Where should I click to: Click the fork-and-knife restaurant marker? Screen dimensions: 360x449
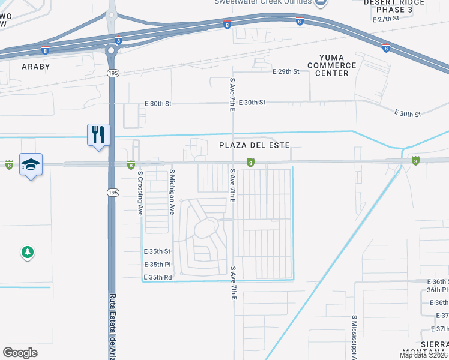click(98, 134)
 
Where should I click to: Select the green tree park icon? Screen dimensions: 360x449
click(27, 253)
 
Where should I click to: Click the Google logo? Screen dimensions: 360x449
click(20, 353)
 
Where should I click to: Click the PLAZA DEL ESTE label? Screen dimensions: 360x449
click(254, 146)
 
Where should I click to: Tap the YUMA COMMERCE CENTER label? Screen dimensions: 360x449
click(331, 65)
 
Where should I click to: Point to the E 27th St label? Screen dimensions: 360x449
click(386, 20)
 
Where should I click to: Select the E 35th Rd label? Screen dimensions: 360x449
click(157, 278)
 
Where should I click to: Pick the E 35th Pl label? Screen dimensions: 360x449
click(157, 265)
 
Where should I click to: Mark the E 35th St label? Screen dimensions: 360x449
click(157, 251)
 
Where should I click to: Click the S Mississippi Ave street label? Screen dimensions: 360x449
click(355, 337)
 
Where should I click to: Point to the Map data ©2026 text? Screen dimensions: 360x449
click(424, 355)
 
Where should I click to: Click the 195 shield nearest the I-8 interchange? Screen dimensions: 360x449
click(112, 73)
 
